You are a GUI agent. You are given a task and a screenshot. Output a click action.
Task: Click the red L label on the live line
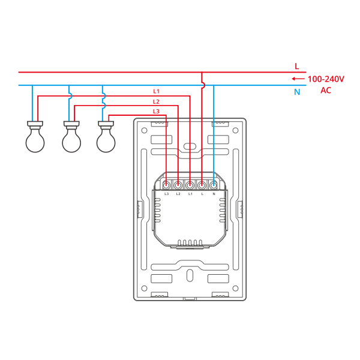tap(297, 67)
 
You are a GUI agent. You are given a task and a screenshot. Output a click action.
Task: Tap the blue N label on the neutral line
tap(297, 92)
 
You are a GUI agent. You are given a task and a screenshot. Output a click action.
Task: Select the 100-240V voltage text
tap(326, 79)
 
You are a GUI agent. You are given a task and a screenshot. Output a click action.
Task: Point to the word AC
tap(326, 90)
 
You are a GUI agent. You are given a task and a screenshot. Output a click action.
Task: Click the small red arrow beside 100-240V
tap(298, 79)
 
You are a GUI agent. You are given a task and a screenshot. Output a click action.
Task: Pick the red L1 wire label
tap(157, 91)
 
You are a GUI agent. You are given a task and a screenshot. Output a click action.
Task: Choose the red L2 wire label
tap(156, 101)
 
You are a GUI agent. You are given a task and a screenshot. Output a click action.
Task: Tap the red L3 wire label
tap(156, 112)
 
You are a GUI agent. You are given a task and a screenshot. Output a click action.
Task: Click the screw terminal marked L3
tap(166, 185)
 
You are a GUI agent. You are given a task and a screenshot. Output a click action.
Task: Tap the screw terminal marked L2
tap(178, 185)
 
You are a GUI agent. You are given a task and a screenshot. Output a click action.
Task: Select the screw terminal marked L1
tap(190, 185)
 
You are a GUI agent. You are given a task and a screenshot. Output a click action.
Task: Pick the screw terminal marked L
tap(202, 185)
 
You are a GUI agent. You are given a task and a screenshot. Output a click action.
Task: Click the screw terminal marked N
tap(214, 185)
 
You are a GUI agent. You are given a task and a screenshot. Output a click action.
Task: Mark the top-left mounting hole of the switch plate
tap(144, 130)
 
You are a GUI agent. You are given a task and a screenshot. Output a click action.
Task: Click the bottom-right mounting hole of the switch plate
tap(235, 288)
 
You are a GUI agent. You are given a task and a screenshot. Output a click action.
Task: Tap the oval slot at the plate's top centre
tap(190, 146)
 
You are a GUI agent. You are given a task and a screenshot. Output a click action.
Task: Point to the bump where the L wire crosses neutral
tap(203, 85)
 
